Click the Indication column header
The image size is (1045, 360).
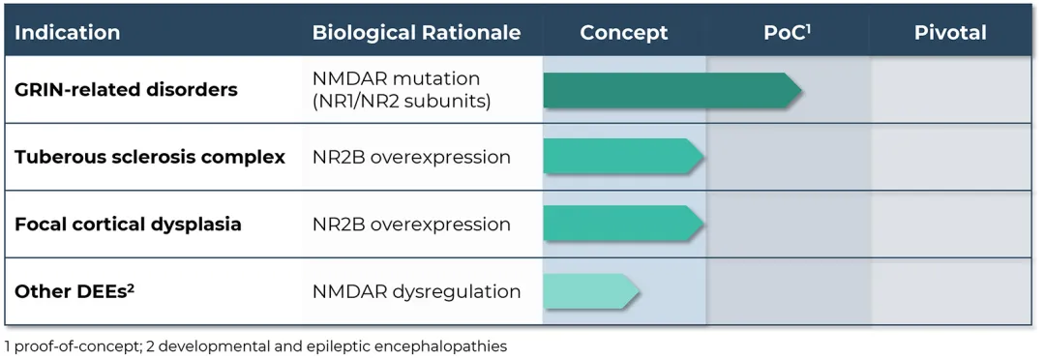coord(68,33)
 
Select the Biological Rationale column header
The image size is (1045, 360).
coord(416,33)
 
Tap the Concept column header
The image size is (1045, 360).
coord(624,33)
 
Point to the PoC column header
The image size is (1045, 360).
coord(787,33)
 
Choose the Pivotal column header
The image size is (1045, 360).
coord(950,33)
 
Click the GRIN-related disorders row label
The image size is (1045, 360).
coord(126,89)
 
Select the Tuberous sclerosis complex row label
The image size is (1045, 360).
coord(150,158)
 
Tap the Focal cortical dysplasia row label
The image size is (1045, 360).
coord(128,224)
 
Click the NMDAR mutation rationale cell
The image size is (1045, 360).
coord(402,89)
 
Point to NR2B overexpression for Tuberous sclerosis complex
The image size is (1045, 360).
coord(411,158)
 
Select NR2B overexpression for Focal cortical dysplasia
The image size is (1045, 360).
coord(411,224)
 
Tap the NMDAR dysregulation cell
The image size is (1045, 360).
coord(416,291)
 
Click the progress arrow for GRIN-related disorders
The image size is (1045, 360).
coord(672,90)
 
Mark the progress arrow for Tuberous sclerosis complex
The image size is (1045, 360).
coord(624,157)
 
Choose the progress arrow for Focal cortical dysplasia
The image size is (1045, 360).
coord(624,224)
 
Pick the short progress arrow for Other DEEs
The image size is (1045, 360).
coord(592,291)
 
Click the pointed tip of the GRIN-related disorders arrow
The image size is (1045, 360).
coord(801,90)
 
